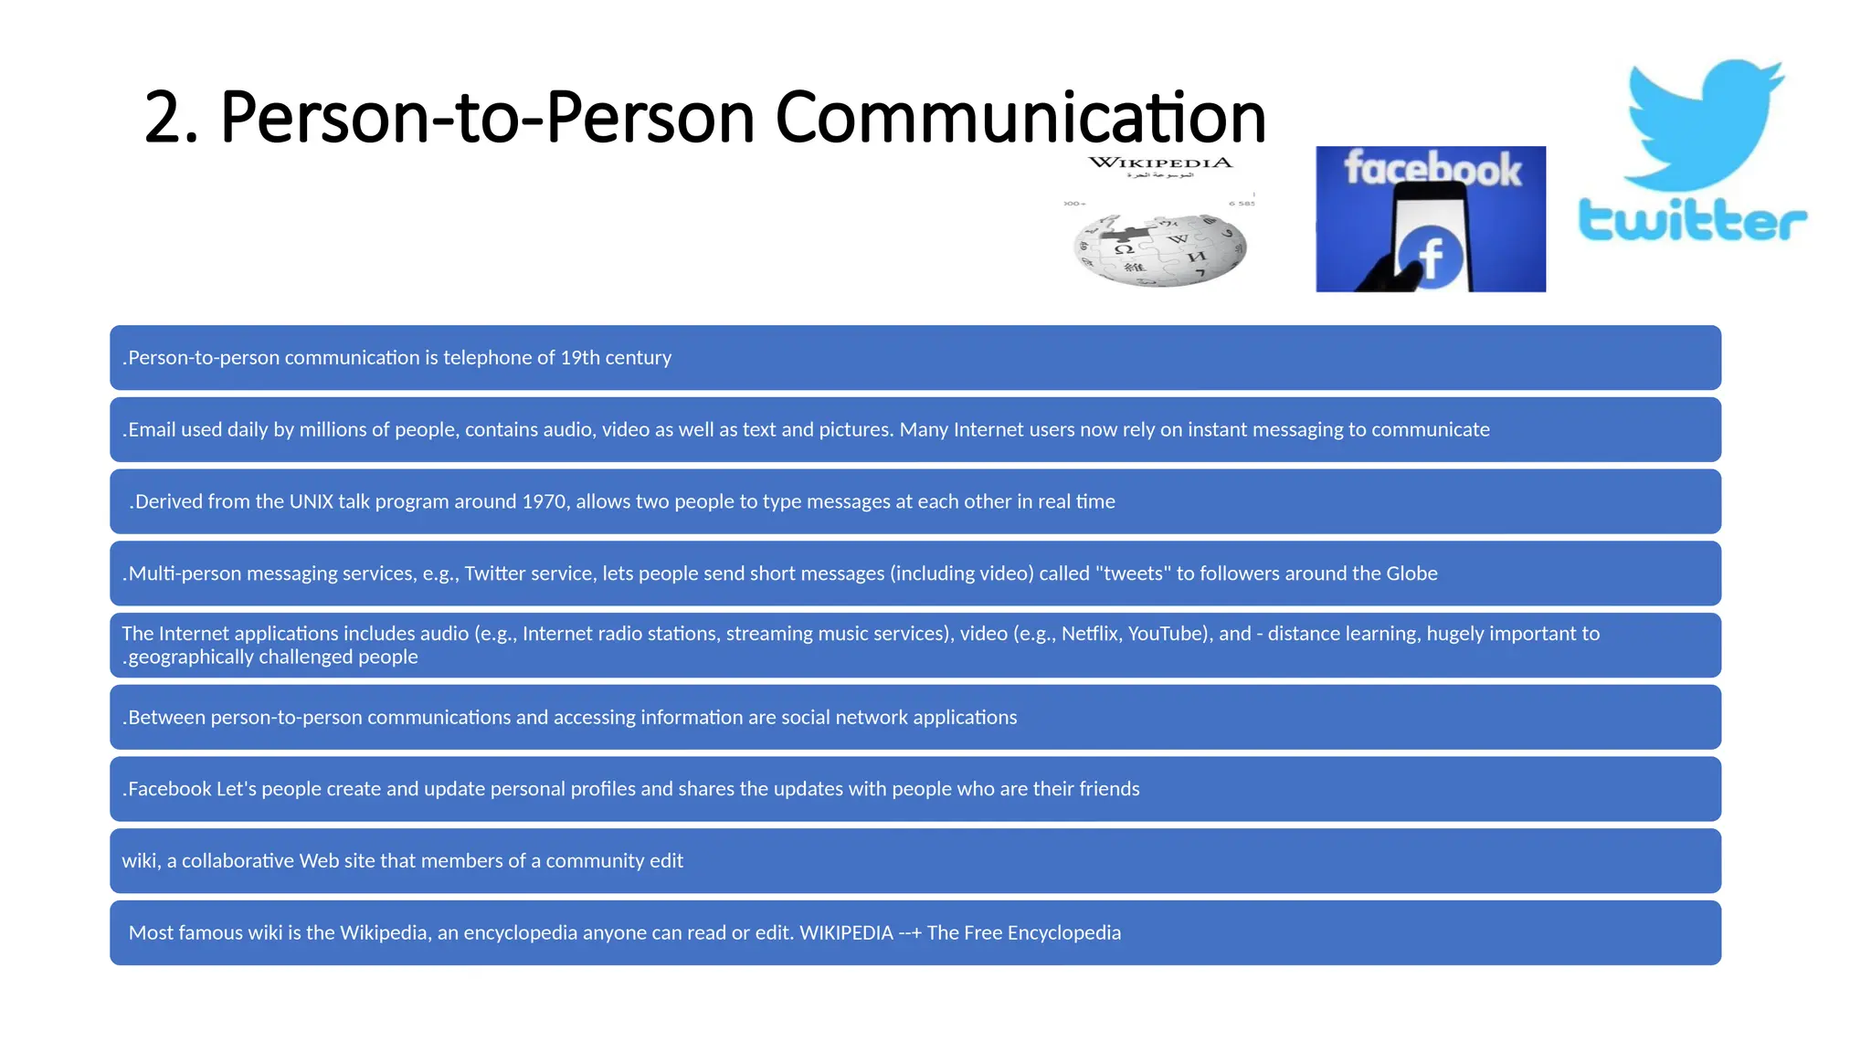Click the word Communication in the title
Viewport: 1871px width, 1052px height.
(x=1020, y=118)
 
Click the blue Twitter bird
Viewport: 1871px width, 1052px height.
(x=1704, y=123)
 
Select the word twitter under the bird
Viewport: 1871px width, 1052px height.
(x=1693, y=220)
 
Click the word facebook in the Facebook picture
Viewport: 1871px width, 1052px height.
(x=1432, y=169)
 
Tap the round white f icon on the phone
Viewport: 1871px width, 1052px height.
(x=1431, y=257)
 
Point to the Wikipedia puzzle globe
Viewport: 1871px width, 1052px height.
(x=1159, y=249)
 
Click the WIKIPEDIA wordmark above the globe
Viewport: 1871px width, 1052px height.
(x=1160, y=163)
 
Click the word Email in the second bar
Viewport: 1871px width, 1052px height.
(x=152, y=430)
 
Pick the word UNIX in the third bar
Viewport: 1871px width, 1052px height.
(x=311, y=502)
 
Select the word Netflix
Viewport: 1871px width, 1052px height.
(x=1090, y=634)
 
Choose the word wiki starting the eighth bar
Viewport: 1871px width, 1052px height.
(x=140, y=861)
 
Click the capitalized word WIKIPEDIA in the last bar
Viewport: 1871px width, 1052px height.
(x=846, y=933)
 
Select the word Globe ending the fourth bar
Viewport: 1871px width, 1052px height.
(x=1411, y=573)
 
